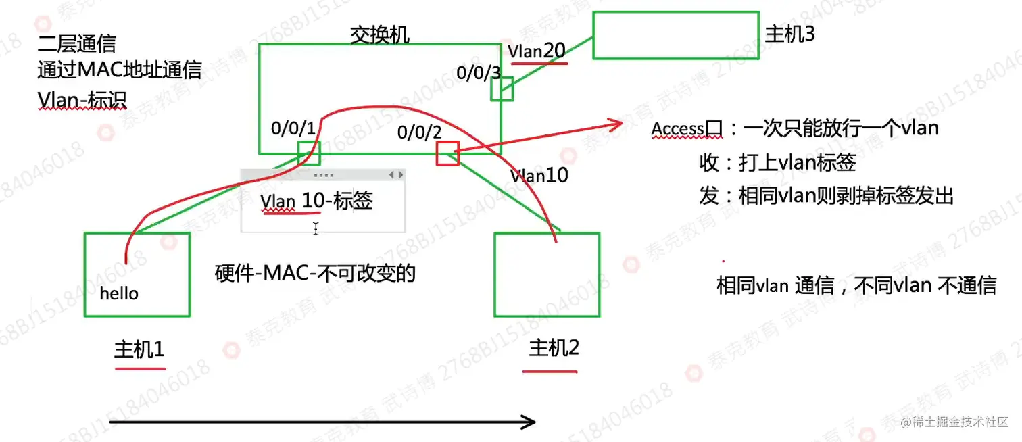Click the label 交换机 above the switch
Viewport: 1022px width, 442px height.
(x=379, y=34)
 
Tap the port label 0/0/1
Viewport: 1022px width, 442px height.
(x=293, y=127)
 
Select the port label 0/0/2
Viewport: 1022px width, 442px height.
(x=419, y=132)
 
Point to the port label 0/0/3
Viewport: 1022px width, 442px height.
(x=479, y=73)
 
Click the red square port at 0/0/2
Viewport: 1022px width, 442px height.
(x=447, y=153)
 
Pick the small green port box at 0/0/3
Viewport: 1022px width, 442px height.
(x=502, y=89)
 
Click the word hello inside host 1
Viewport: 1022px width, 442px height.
(x=119, y=293)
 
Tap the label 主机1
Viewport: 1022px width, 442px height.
(x=139, y=349)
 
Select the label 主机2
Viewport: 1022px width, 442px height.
(x=554, y=348)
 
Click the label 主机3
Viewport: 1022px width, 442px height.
(x=789, y=34)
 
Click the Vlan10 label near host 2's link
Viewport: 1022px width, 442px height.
(x=539, y=176)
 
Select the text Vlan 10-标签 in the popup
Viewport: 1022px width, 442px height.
(x=316, y=201)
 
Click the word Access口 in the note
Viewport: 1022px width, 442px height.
(x=687, y=128)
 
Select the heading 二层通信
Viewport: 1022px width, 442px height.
(x=76, y=44)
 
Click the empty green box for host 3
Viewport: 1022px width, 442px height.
(x=676, y=35)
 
